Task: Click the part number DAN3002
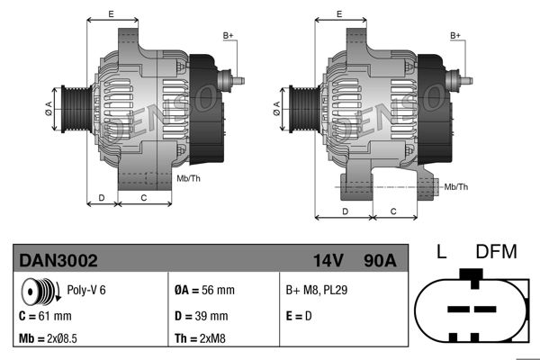point(58,260)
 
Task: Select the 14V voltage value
point(328,260)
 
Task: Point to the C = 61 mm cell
point(45,316)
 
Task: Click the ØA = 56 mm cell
point(203,291)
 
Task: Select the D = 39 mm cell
point(200,316)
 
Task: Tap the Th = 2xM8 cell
point(201,339)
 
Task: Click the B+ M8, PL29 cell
point(318,291)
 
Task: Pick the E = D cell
point(301,316)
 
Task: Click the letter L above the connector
point(441,252)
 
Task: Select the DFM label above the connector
point(497,252)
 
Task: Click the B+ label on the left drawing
point(229,35)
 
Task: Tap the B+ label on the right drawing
point(455,35)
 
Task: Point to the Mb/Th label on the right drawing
point(456,186)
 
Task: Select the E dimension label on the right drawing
point(338,14)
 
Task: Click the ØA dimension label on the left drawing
point(47,110)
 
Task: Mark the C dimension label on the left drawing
point(144,196)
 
